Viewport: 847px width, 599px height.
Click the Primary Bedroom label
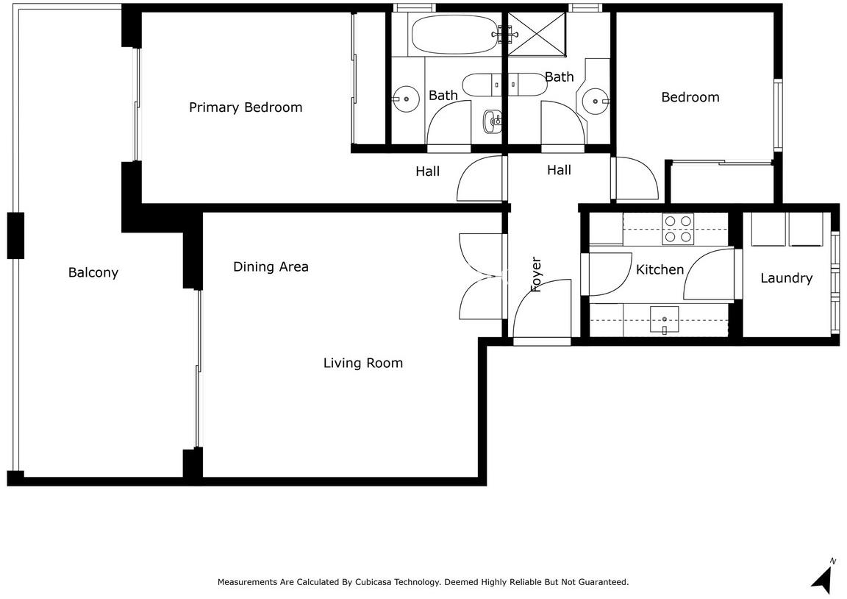point(246,107)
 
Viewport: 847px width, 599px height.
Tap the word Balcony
point(93,272)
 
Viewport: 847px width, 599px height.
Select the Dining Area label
point(271,266)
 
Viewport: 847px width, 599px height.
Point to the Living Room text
point(363,363)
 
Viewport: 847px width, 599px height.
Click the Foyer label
point(536,274)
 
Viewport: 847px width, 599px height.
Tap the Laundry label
point(787,278)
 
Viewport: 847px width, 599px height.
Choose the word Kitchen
point(660,269)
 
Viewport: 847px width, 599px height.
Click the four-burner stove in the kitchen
point(678,229)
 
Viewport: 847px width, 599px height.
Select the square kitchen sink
point(664,320)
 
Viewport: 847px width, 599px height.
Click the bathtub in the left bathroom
point(454,34)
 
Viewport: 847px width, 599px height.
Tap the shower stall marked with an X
point(537,34)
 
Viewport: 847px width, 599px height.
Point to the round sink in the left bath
point(406,99)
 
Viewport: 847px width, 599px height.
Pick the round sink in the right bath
point(596,101)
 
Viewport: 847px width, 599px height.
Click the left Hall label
point(427,171)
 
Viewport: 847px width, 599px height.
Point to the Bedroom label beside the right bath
point(690,97)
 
